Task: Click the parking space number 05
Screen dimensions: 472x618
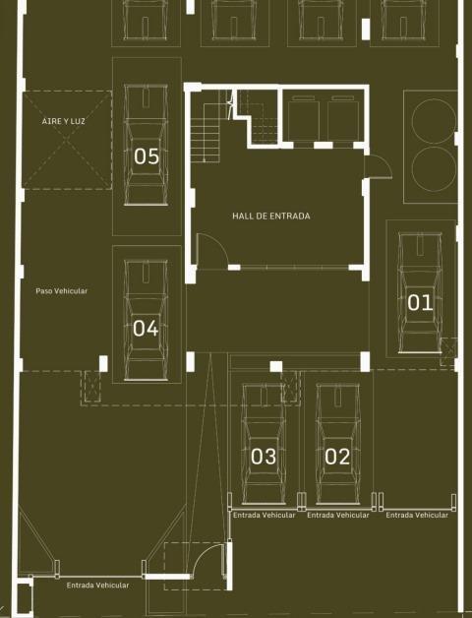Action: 147,156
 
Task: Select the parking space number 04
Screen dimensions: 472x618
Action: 146,329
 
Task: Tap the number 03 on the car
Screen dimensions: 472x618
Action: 264,457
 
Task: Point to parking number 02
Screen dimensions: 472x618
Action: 337,457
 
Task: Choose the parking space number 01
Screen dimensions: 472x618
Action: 420,303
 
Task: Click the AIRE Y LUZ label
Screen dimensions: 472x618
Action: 64,121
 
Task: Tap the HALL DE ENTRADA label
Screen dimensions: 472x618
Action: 271,216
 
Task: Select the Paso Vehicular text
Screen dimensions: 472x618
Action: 62,291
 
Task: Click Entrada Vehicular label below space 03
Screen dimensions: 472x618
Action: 264,515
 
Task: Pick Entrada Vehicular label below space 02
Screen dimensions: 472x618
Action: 338,515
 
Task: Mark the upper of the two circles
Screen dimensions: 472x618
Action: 434,121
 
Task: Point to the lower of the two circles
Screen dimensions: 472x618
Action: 434,169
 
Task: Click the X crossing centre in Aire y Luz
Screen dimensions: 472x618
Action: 67,141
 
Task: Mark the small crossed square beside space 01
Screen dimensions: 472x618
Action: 448,347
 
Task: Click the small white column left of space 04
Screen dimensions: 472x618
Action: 103,363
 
